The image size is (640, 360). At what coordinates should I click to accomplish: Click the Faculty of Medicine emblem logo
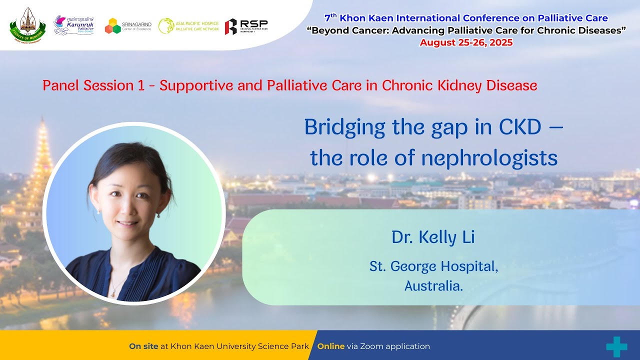27,24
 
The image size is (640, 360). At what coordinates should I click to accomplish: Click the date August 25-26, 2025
466,42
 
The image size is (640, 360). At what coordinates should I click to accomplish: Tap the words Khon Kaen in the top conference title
360,18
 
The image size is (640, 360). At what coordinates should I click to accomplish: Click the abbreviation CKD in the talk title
519,128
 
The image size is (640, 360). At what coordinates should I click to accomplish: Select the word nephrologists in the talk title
489,158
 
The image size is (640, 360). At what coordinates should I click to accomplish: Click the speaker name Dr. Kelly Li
433,237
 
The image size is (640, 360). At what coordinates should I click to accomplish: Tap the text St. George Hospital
433,266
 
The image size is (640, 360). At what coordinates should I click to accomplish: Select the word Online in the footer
330,346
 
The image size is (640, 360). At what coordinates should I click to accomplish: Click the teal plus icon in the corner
616,346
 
